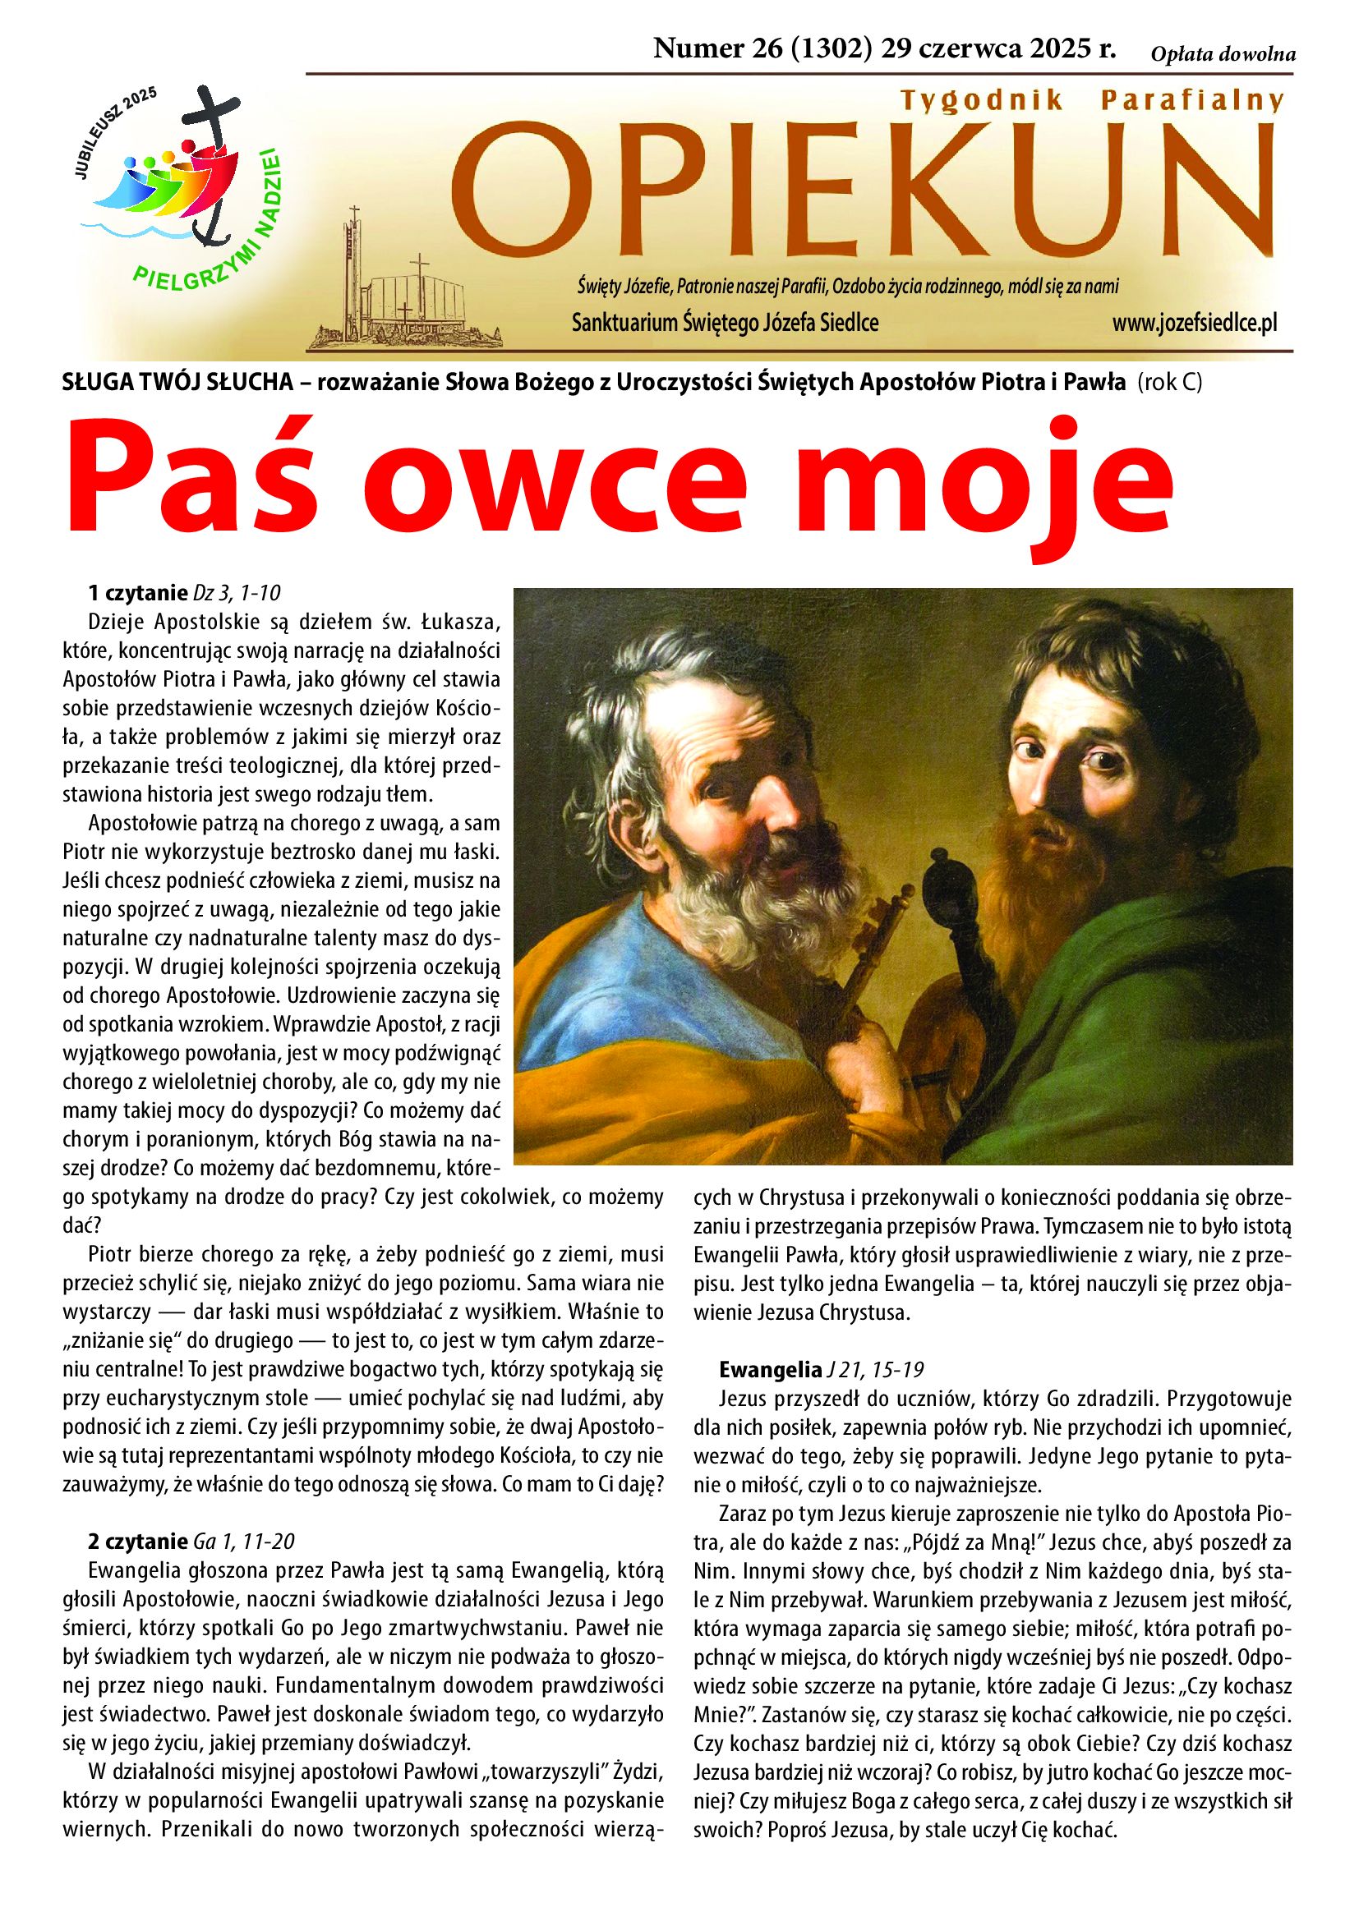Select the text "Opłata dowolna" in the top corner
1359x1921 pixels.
click(x=1223, y=55)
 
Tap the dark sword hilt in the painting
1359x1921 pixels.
click(x=946, y=903)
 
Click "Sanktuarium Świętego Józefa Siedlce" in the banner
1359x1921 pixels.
click(x=725, y=323)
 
